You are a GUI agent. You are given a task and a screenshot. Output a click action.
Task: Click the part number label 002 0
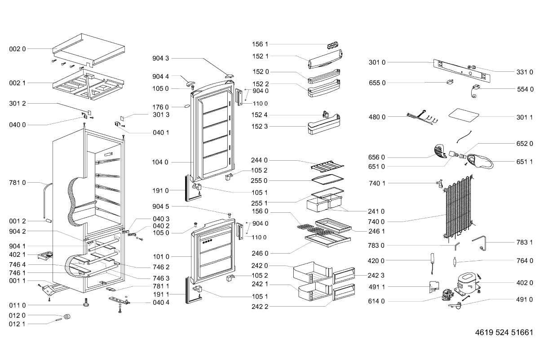point(18,48)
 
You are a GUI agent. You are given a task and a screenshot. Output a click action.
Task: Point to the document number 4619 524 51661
point(504,334)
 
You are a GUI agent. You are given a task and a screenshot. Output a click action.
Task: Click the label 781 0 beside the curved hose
point(18,182)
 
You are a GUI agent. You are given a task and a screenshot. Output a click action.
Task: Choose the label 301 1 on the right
point(525,117)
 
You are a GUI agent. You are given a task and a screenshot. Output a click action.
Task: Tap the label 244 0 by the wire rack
point(259,160)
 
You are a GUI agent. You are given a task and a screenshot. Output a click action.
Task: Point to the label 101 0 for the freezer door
point(161,257)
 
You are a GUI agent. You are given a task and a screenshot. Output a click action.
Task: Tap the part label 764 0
point(525,261)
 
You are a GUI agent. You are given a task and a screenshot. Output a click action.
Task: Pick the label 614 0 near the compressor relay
point(377,301)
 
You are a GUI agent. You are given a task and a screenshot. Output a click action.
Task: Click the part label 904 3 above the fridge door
point(161,58)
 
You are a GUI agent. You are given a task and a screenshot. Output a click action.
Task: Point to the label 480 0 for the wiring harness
point(377,117)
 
